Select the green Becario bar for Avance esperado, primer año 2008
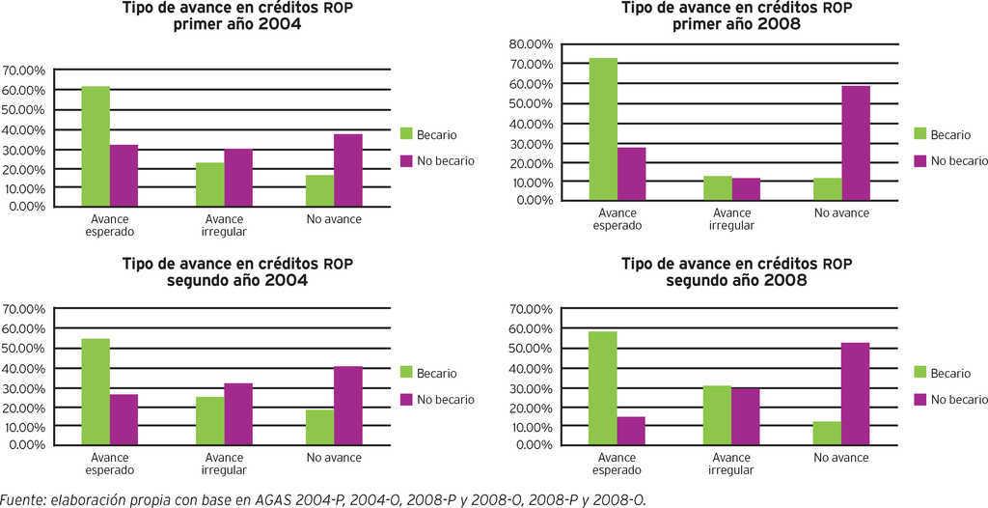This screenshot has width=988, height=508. [603, 129]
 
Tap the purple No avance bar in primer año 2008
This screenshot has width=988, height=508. [856, 143]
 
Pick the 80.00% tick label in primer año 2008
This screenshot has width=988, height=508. [531, 44]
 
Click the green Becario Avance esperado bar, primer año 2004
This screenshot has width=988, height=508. [96, 147]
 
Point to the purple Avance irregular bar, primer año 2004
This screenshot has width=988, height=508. [238, 178]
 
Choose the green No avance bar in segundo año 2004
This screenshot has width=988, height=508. [320, 428]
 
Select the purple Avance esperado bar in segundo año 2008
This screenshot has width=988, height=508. [631, 431]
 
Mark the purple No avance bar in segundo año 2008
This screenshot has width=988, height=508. [856, 394]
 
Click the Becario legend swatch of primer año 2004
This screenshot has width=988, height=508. [406, 135]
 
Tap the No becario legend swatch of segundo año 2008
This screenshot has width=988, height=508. [920, 399]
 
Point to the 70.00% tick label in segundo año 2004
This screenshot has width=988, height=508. [24, 309]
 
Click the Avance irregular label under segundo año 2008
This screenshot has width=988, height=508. [731, 464]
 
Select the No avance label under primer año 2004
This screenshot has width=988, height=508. [334, 219]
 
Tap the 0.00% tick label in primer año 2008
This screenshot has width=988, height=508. [535, 200]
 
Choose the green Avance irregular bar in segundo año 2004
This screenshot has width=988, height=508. [210, 421]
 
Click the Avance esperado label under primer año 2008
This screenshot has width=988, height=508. [617, 219]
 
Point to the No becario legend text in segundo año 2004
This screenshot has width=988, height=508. [446, 399]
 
